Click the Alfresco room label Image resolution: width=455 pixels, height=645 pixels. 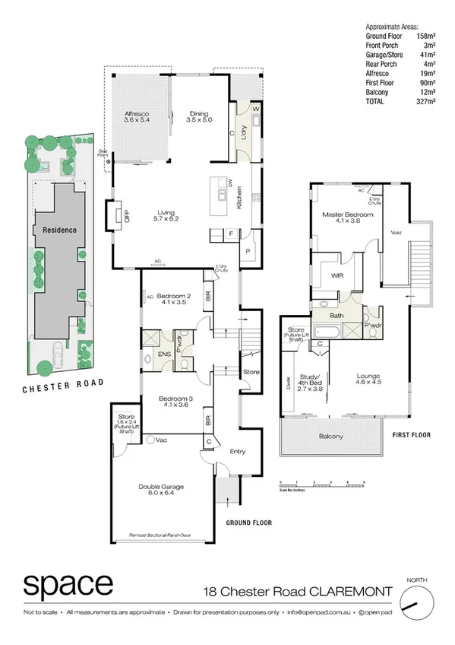(x=137, y=117)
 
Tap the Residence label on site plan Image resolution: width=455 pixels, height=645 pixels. (x=58, y=227)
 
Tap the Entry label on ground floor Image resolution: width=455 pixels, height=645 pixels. (x=238, y=452)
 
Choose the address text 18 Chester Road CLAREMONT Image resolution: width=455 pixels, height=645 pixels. (x=302, y=591)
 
